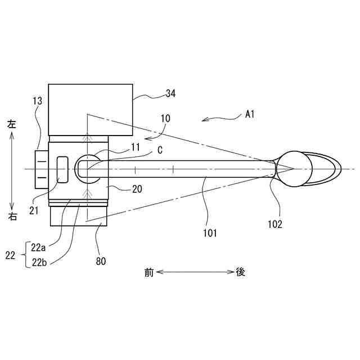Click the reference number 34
coord(170,94)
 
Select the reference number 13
coord(37,101)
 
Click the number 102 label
coord(275,223)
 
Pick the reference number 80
coord(101,260)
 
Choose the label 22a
coord(40,247)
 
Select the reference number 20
coord(137,190)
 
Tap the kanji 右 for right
coord(12,217)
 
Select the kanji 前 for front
coord(148,272)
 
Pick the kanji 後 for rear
coord(240,272)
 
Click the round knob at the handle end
coord(295,168)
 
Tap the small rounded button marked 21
coord(61,169)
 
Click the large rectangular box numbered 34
coord(91,110)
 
